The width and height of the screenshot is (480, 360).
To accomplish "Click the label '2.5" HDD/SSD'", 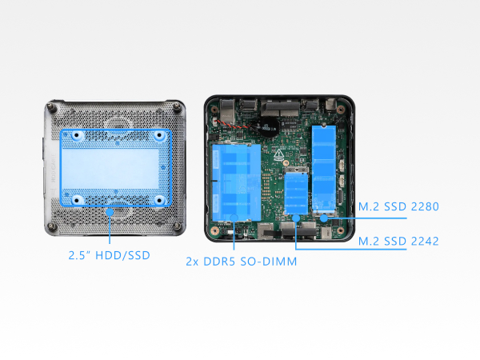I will pyautogui.click(x=110, y=257).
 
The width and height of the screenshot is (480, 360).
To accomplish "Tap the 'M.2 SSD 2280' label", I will pyautogui.click(x=399, y=207).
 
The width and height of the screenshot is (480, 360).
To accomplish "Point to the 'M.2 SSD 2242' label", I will pyautogui.click(x=398, y=240).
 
